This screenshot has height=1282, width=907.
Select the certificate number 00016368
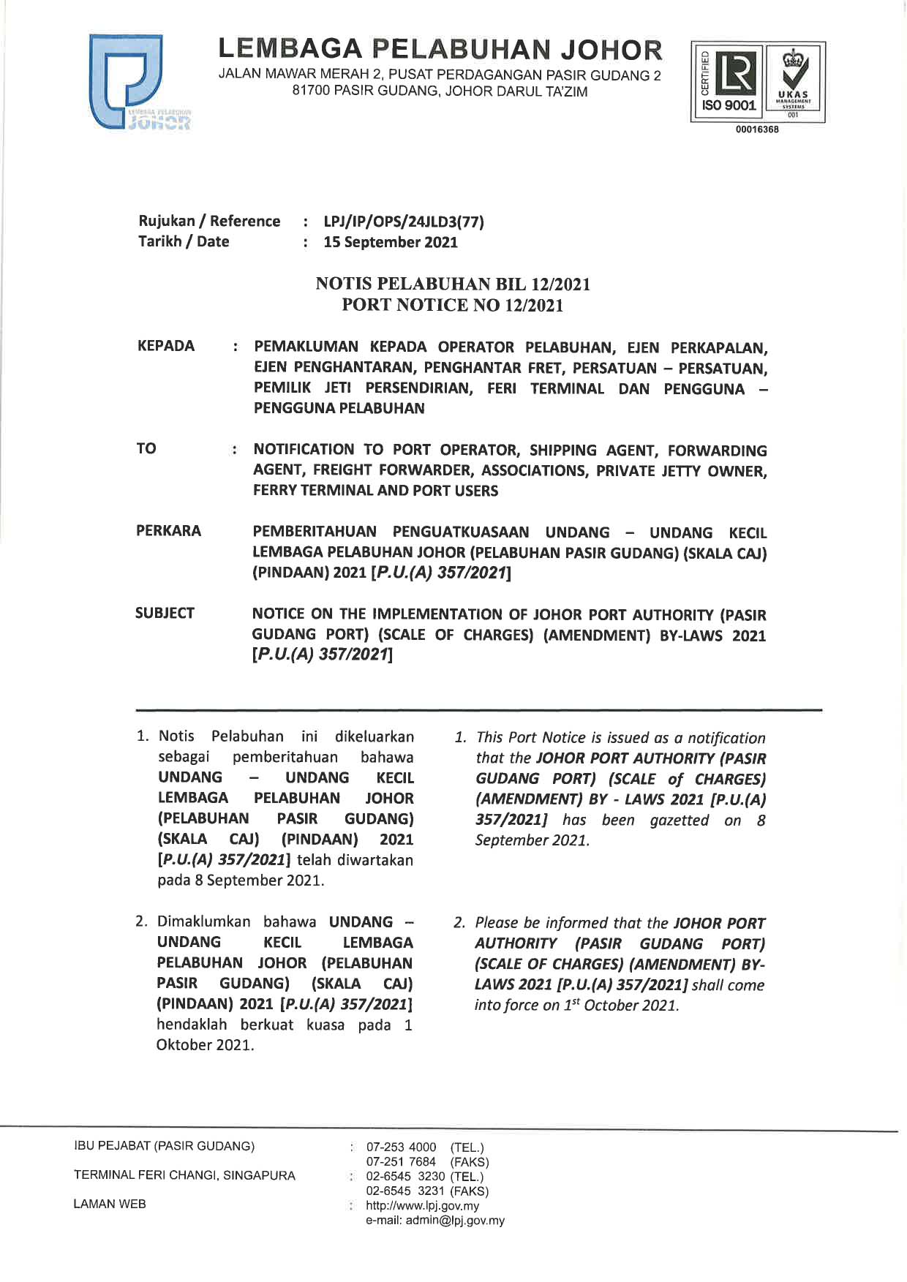click(x=757, y=129)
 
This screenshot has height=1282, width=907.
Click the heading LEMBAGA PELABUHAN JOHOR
click(x=440, y=50)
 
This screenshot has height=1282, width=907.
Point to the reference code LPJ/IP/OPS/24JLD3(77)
click(x=404, y=222)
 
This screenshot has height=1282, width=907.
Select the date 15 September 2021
click(x=391, y=242)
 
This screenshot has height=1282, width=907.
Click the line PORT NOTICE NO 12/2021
click(x=453, y=305)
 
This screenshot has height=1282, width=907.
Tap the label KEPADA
click(x=166, y=346)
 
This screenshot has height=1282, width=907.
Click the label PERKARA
click(x=168, y=531)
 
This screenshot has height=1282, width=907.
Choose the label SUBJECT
click(x=165, y=613)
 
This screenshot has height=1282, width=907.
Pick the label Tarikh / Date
click(x=184, y=241)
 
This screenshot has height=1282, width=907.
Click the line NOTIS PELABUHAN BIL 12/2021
click(x=453, y=284)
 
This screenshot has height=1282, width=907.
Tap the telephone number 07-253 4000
click(x=401, y=1147)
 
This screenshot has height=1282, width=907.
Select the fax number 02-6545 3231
click(x=401, y=1191)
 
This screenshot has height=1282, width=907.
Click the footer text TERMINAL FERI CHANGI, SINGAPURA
click(x=184, y=1175)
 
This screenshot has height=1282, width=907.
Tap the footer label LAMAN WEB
click(x=110, y=1204)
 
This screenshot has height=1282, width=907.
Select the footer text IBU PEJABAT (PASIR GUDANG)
click(x=164, y=1146)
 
